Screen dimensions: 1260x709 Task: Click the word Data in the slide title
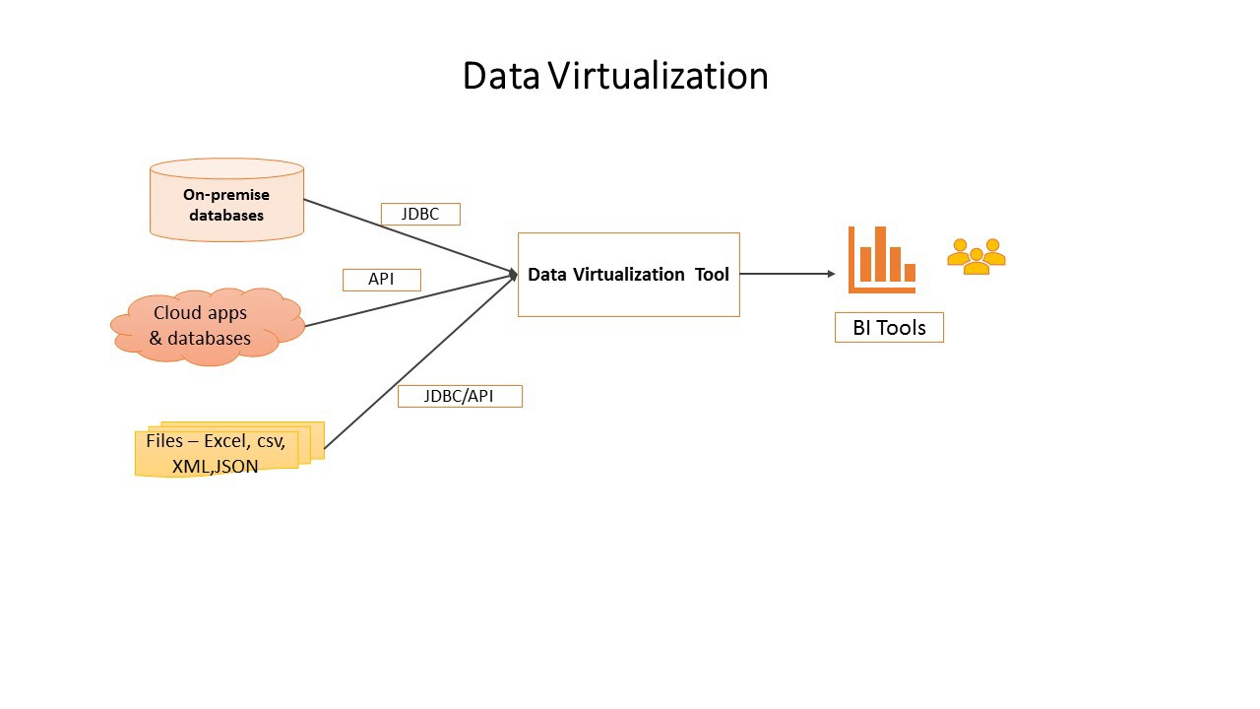(x=501, y=76)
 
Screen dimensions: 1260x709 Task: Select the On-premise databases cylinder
(x=226, y=200)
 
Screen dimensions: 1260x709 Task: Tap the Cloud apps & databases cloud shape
(x=208, y=326)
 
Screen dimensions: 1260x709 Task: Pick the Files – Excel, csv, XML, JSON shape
(x=229, y=450)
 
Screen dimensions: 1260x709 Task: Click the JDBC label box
(x=420, y=214)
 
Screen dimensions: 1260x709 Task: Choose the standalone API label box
(x=382, y=280)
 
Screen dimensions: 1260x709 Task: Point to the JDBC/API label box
(x=460, y=396)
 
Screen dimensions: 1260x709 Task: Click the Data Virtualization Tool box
(x=629, y=275)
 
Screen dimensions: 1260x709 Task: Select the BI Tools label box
(x=889, y=328)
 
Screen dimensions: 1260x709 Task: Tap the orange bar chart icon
(x=881, y=259)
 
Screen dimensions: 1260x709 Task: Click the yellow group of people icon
(x=976, y=256)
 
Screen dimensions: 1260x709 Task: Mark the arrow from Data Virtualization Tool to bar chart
(x=787, y=274)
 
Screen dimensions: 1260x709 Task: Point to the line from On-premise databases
(x=410, y=236)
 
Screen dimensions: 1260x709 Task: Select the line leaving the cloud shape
(x=411, y=300)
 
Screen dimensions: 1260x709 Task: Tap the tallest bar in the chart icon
(x=880, y=253)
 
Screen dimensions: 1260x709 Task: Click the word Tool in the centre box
(x=712, y=275)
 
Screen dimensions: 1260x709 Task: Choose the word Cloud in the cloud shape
(x=177, y=313)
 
